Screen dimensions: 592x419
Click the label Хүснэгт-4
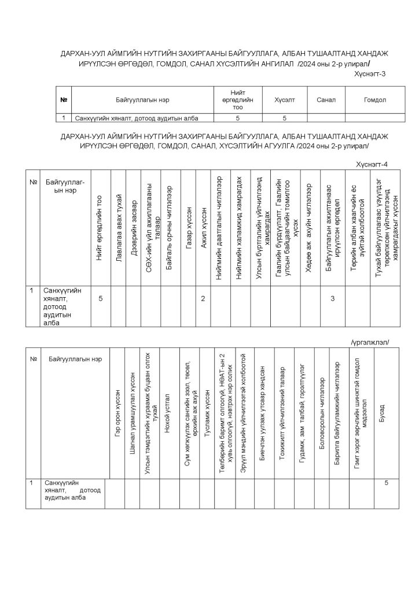pyautogui.click(x=372, y=165)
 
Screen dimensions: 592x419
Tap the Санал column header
pyautogui.click(x=326, y=100)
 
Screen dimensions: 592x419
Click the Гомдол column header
pyautogui.click(x=374, y=100)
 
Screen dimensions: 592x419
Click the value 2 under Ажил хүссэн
pyautogui.click(x=203, y=298)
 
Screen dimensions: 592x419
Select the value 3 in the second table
pyautogui.click(x=333, y=298)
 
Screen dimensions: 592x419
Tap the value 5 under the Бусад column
pyautogui.click(x=385, y=483)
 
